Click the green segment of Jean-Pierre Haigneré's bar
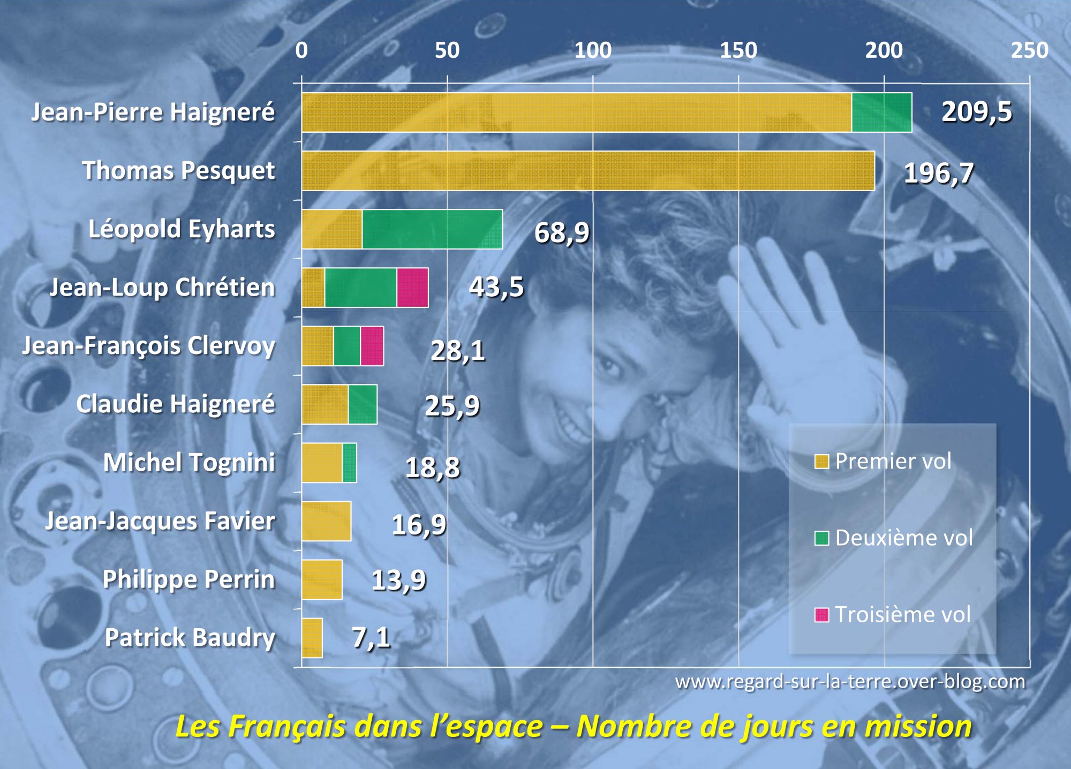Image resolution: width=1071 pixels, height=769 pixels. (x=881, y=112)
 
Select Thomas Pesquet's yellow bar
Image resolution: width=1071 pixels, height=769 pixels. (x=587, y=171)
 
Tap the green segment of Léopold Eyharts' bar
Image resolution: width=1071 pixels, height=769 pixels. (x=432, y=229)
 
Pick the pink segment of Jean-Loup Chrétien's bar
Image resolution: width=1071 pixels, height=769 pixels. (x=412, y=288)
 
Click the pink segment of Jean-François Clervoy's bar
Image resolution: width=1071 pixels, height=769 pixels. (x=372, y=346)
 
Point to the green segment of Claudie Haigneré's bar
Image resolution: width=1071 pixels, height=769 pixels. (x=363, y=404)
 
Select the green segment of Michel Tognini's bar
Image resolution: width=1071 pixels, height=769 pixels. (x=349, y=463)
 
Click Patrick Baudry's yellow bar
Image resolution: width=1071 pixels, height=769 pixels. (x=312, y=638)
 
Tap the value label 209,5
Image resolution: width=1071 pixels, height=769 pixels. (x=977, y=112)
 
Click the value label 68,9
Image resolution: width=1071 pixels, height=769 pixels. (x=562, y=232)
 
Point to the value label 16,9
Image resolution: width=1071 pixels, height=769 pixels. (x=419, y=524)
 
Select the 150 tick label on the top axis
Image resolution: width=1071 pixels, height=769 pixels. (x=738, y=50)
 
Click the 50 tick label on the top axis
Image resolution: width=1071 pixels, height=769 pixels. (x=447, y=50)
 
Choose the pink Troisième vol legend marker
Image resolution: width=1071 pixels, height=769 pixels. (x=821, y=615)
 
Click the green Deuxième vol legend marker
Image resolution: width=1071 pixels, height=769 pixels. (x=821, y=538)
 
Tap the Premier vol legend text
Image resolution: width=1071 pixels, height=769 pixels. (x=893, y=461)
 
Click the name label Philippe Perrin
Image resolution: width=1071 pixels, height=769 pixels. (x=188, y=579)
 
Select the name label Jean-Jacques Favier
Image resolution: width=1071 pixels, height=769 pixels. (x=160, y=521)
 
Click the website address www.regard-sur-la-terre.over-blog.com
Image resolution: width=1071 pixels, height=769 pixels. (x=850, y=682)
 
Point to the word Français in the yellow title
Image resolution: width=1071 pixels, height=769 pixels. (x=289, y=727)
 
